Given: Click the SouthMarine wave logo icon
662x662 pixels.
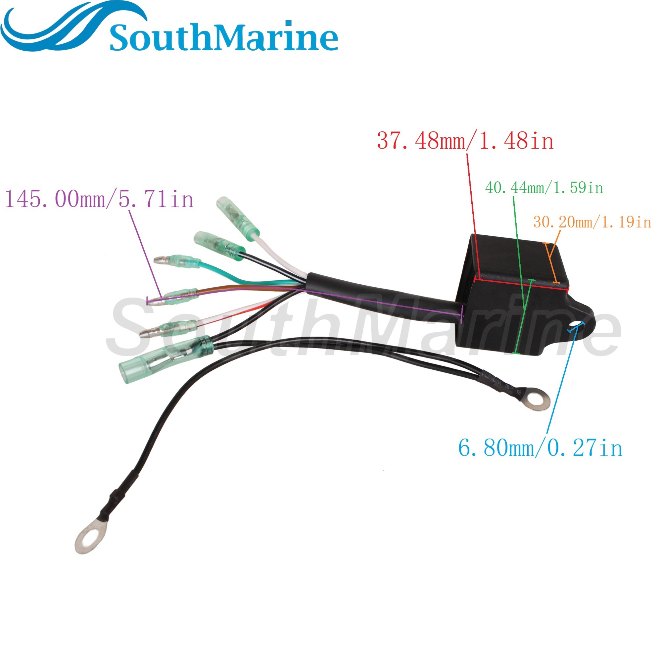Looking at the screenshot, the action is [x=69, y=29].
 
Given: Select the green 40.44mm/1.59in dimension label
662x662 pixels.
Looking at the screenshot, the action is [x=544, y=188].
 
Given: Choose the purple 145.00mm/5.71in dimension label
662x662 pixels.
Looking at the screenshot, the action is [x=99, y=199].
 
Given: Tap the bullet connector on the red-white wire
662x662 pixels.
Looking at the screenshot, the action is [x=168, y=329].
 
